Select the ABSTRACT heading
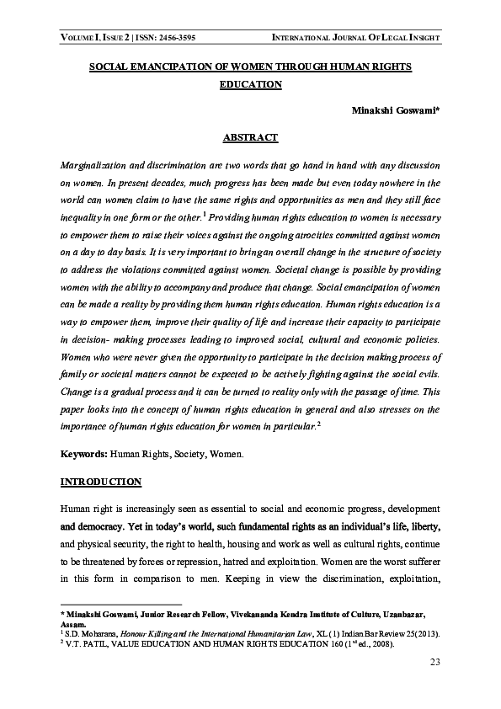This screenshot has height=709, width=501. click(249, 136)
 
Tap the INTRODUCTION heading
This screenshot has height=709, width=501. click(100, 482)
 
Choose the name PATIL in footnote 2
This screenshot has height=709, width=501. click(95, 643)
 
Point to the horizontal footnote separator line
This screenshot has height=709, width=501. click(122, 604)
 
